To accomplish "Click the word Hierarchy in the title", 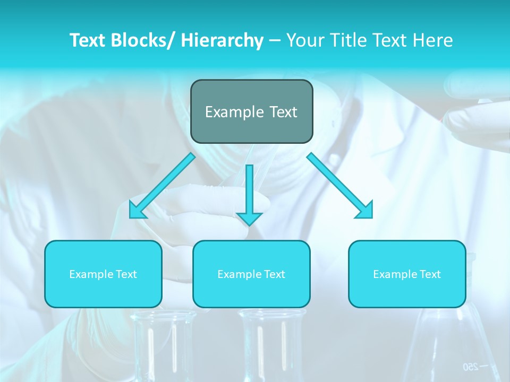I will [x=222, y=40].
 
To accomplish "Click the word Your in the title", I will [x=303, y=40].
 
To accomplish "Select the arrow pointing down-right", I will [x=340, y=186].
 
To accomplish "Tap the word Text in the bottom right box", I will [x=430, y=274].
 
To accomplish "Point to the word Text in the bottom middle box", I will [x=274, y=274].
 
